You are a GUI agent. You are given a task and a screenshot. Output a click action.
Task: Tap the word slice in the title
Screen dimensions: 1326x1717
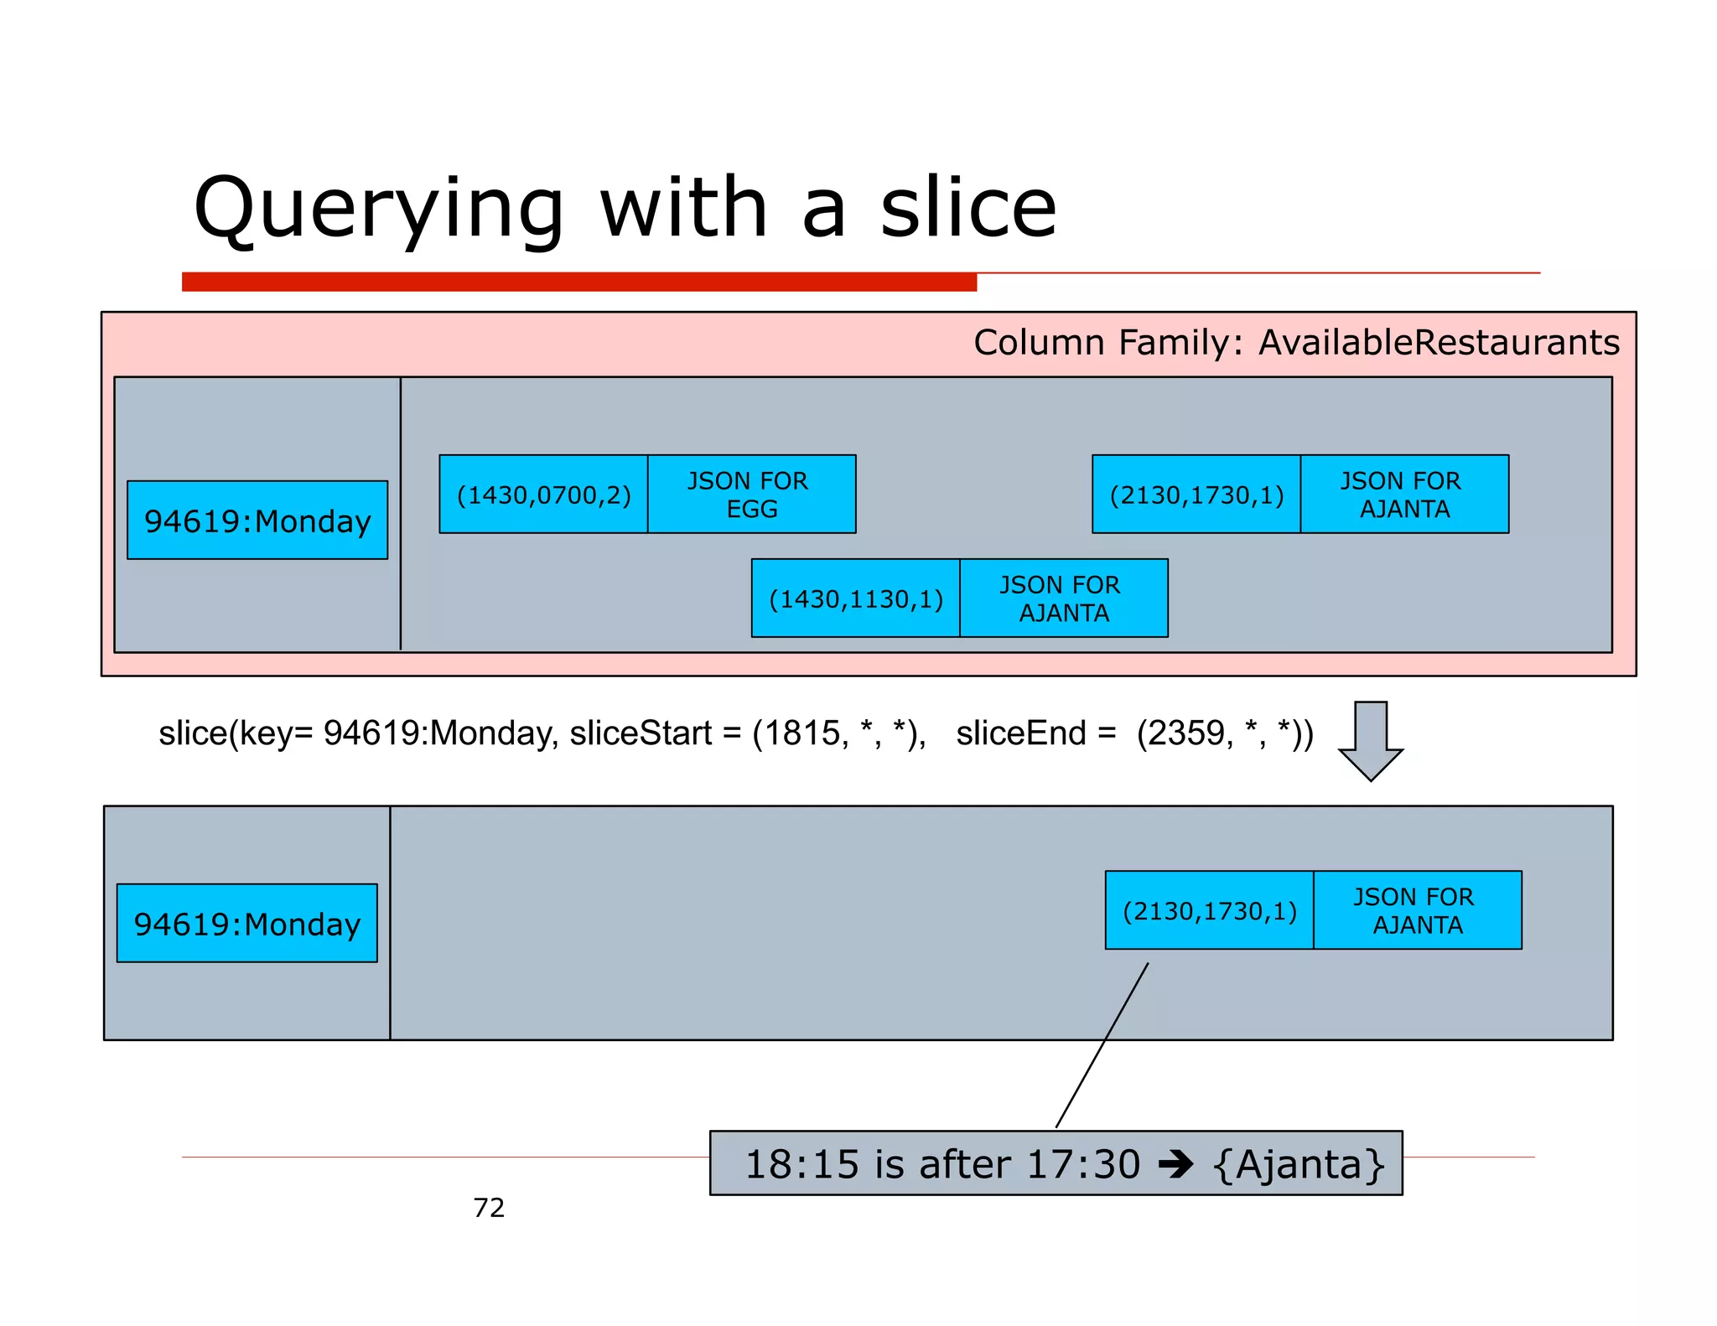point(968,210)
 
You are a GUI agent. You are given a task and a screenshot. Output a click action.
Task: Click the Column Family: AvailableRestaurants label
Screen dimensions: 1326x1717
point(1296,343)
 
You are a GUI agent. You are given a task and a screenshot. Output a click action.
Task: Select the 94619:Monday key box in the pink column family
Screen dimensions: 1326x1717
point(257,521)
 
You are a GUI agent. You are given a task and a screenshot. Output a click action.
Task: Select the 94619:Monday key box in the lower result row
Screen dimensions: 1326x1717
point(246,924)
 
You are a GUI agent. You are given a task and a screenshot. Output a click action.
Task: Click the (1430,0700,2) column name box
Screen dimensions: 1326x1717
point(543,495)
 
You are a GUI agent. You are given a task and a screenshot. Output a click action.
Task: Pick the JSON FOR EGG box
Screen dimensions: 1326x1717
point(751,495)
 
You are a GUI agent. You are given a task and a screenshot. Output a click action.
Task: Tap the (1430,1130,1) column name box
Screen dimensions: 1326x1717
point(856,598)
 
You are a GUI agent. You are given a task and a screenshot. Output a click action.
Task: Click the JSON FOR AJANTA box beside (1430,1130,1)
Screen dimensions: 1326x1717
point(1063,598)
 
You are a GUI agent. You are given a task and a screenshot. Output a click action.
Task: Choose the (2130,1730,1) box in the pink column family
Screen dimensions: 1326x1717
point(1196,495)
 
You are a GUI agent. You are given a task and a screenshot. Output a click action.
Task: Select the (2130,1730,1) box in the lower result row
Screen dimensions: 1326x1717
point(1210,910)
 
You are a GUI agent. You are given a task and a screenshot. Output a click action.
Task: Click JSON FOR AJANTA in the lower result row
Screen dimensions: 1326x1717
point(1417,910)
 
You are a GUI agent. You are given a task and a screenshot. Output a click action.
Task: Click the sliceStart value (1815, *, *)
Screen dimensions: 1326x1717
point(839,733)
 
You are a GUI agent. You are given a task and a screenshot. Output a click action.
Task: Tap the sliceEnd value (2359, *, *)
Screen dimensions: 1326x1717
point(1224,733)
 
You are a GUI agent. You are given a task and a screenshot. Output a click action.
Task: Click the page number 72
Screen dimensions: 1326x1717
point(489,1208)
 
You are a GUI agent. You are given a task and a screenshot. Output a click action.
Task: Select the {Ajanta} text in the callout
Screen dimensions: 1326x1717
point(1299,1164)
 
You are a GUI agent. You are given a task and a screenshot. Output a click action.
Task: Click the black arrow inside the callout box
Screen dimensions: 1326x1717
point(1175,1164)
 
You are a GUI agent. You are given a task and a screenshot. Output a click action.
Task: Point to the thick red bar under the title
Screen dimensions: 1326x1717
point(578,282)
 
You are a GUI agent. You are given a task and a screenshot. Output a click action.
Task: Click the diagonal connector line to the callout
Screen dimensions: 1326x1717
point(1102,1046)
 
